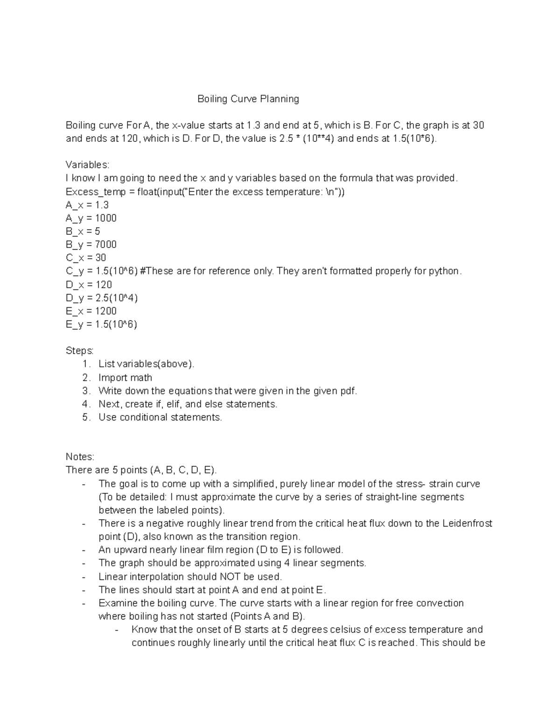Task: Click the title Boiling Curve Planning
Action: click(248, 99)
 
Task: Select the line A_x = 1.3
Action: click(87, 205)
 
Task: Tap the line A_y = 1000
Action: click(91, 218)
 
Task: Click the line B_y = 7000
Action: click(91, 245)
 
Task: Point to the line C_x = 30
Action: click(86, 258)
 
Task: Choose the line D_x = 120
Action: click(89, 285)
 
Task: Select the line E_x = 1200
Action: click(91, 311)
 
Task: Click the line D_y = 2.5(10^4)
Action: click(102, 298)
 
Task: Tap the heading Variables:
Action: click(87, 165)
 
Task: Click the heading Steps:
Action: click(80, 351)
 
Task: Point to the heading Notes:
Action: click(80, 457)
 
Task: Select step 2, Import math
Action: click(125, 378)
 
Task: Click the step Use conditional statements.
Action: click(160, 417)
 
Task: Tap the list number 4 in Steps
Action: click(86, 404)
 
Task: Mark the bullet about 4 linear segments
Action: click(232, 563)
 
